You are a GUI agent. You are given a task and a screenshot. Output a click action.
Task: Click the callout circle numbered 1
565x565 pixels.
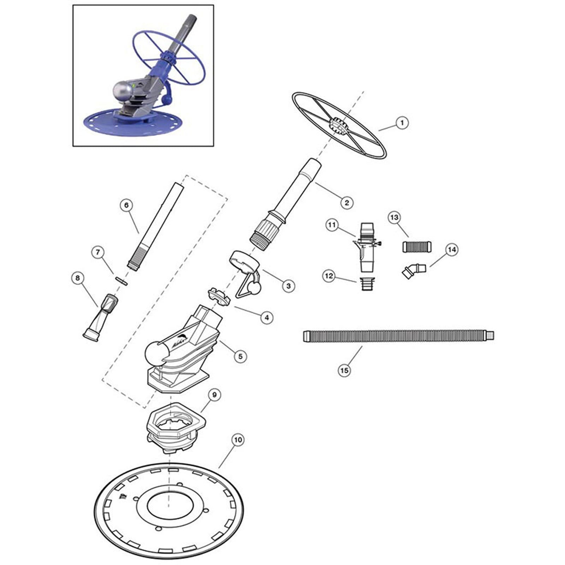[402, 123]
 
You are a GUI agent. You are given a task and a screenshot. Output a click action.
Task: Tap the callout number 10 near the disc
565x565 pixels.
[238, 440]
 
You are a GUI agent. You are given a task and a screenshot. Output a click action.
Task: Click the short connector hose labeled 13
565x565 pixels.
[417, 246]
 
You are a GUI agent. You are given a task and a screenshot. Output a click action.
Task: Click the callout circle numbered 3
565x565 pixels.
[288, 285]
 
